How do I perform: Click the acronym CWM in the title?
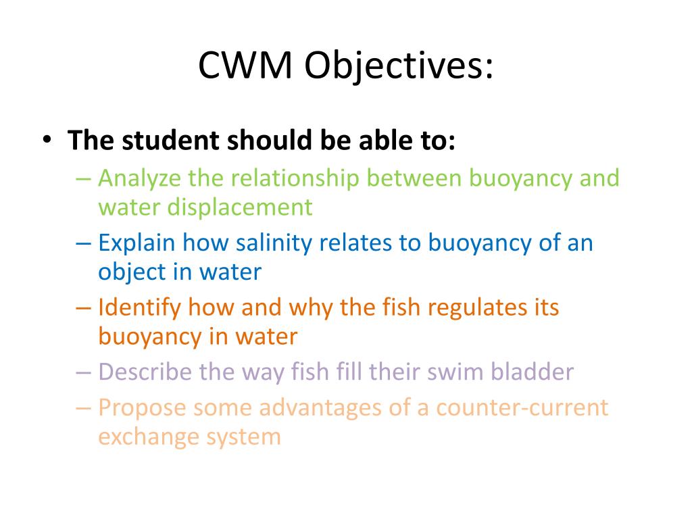[x=245, y=66]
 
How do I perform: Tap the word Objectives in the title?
[x=398, y=66]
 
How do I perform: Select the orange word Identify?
[x=139, y=308]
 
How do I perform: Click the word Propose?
[x=141, y=408]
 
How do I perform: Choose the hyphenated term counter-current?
[x=522, y=408]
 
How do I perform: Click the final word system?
[x=243, y=437]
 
